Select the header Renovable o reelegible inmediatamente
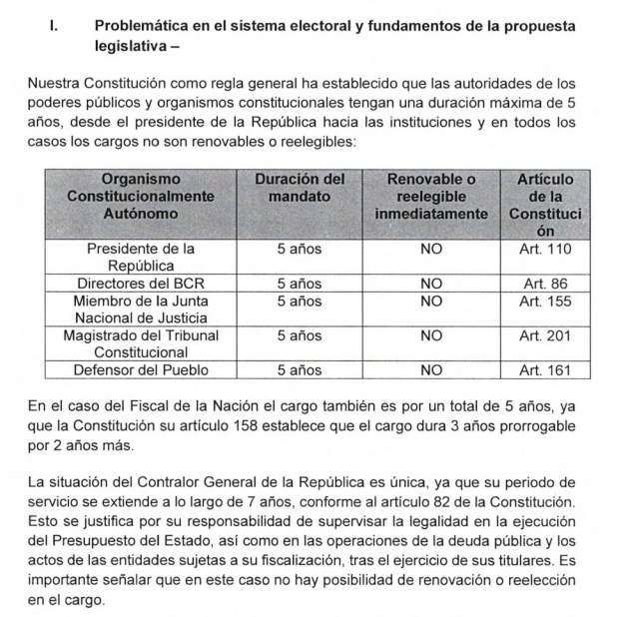click(x=430, y=196)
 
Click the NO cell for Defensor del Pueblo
click(x=430, y=370)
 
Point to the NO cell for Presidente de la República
click(x=430, y=249)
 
